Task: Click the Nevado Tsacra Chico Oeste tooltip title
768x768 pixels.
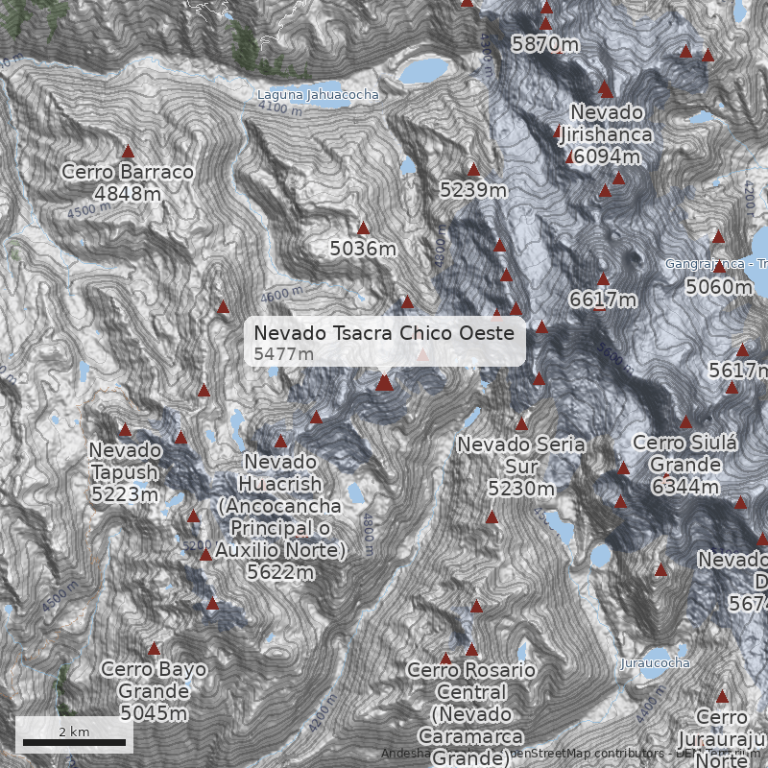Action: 384,333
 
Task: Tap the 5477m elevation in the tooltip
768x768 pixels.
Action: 283,354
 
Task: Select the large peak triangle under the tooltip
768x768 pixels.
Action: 384,383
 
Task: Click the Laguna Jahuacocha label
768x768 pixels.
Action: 318,95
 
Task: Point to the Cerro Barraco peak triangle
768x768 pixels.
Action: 128,151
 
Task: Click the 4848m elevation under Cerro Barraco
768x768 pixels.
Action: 127,193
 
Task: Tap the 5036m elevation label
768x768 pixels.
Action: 363,249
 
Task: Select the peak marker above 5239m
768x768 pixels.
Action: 472,170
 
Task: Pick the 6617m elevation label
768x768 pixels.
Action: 603,300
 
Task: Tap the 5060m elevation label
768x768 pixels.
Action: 719,286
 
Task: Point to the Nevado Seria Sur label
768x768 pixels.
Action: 520,456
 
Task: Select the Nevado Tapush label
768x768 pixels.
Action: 125,461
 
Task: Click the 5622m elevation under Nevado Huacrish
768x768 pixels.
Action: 280,572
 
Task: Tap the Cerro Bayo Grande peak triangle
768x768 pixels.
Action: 154,649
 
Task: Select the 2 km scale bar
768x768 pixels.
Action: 74,742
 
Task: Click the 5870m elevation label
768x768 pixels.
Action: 544,43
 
